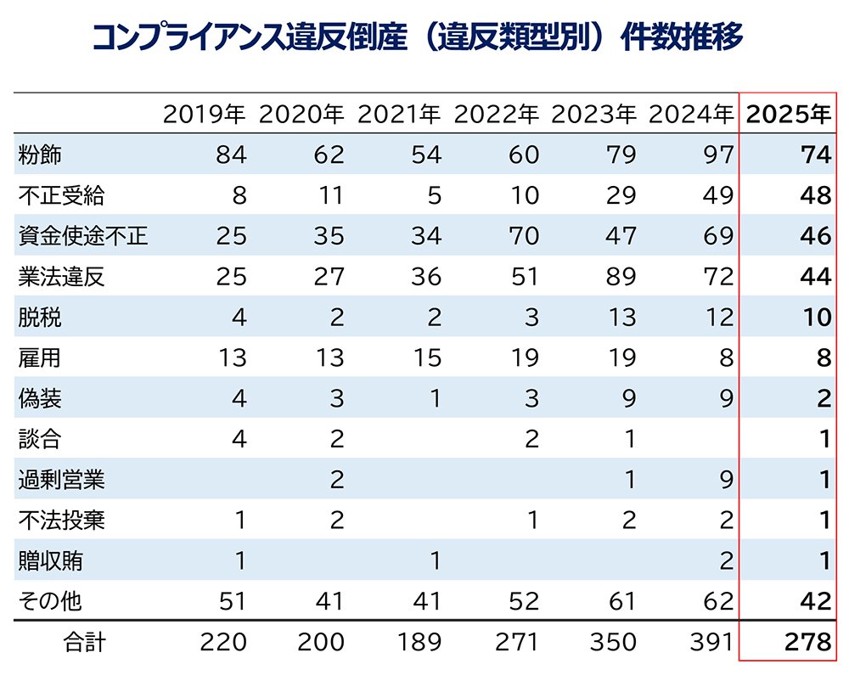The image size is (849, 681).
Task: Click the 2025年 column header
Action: pyautogui.click(x=787, y=114)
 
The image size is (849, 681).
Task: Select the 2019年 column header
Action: pyautogui.click(x=205, y=114)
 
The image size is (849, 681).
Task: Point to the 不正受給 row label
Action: pyautogui.click(x=61, y=195)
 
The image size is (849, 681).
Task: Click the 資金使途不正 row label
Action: pyautogui.click(x=82, y=236)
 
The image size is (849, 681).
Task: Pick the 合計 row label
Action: pyautogui.click(x=86, y=643)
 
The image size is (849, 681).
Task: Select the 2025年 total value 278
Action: pyautogui.click(x=807, y=643)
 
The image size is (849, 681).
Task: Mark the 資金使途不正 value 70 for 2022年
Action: pyautogui.click(x=524, y=236)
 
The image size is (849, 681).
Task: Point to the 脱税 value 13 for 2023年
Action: pyautogui.click(x=622, y=318)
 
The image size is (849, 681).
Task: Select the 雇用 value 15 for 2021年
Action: pyautogui.click(x=426, y=357)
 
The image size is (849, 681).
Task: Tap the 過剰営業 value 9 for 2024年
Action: pyautogui.click(x=726, y=480)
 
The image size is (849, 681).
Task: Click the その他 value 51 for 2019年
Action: pyautogui.click(x=232, y=602)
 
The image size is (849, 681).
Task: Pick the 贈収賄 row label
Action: pyautogui.click(x=50, y=561)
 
